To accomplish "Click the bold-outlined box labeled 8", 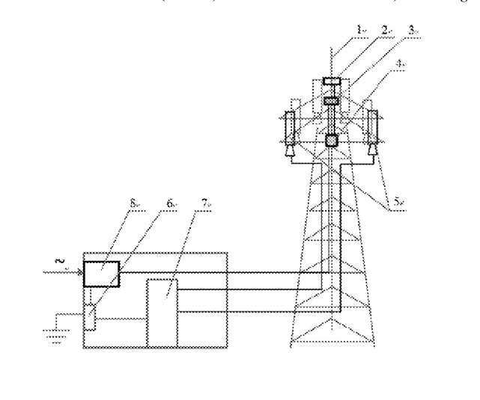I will [x=101, y=274].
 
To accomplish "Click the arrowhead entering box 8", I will [x=79, y=274].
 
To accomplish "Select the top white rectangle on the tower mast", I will [x=332, y=81].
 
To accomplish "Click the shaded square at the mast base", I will [x=332, y=140].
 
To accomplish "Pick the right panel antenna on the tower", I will [x=373, y=127].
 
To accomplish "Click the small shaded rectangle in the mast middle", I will [x=332, y=99].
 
